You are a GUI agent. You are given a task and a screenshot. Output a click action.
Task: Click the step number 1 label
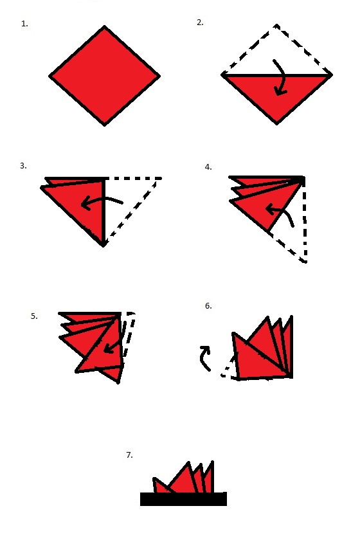coord(24,24)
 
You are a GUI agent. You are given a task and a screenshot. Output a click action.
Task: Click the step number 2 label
coord(200,23)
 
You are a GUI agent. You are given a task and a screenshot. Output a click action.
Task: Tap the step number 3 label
coord(23,166)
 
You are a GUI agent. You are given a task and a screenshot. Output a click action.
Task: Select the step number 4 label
coord(208,167)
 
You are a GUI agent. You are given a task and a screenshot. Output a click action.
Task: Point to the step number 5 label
coord(34,316)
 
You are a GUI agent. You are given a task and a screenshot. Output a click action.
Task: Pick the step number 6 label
coord(208,305)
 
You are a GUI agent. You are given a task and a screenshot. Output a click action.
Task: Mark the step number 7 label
coord(130,455)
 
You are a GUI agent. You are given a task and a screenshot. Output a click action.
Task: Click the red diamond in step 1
coord(104,76)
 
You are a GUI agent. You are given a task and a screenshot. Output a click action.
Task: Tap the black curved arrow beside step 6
coord(204,357)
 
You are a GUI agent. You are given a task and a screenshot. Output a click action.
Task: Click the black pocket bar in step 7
coord(183,499)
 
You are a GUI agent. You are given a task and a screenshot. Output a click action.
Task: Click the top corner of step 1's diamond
coord(104,26)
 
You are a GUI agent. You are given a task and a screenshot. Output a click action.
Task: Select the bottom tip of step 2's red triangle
coord(276,123)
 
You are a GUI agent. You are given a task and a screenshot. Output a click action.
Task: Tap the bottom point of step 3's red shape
coord(104,246)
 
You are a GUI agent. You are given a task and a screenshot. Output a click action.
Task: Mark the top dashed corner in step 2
coord(276,25)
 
